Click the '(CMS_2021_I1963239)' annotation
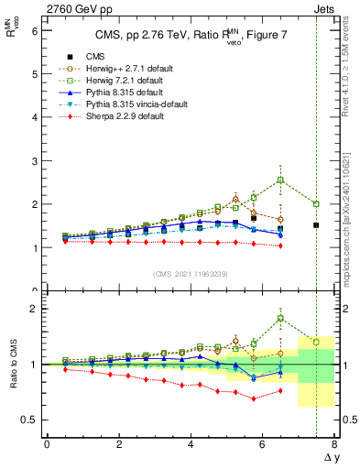pyautogui.click(x=191, y=273)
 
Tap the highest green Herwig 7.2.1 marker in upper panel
pyautogui.click(x=280, y=180)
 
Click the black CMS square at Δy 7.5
pyautogui.click(x=316, y=224)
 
